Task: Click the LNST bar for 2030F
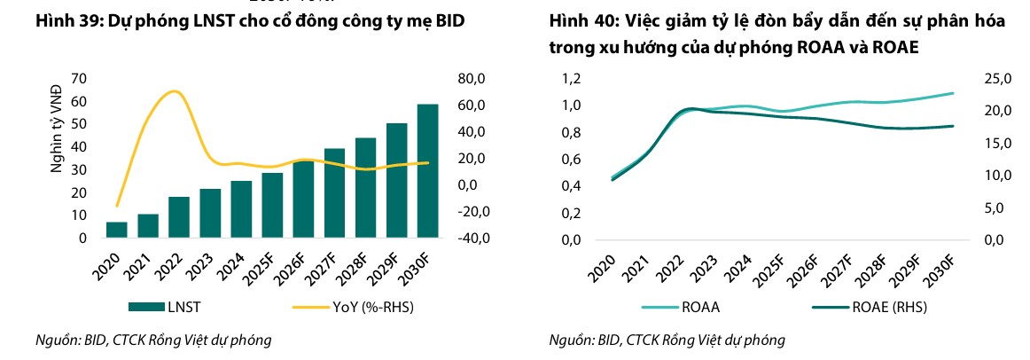[427, 171]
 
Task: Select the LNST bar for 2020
[116, 230]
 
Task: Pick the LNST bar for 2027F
[334, 193]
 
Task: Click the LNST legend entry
[154, 307]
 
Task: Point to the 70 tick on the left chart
[78, 79]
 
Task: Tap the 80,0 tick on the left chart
[473, 79]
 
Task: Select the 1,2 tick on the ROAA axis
[572, 79]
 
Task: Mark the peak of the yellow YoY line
[174, 91]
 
